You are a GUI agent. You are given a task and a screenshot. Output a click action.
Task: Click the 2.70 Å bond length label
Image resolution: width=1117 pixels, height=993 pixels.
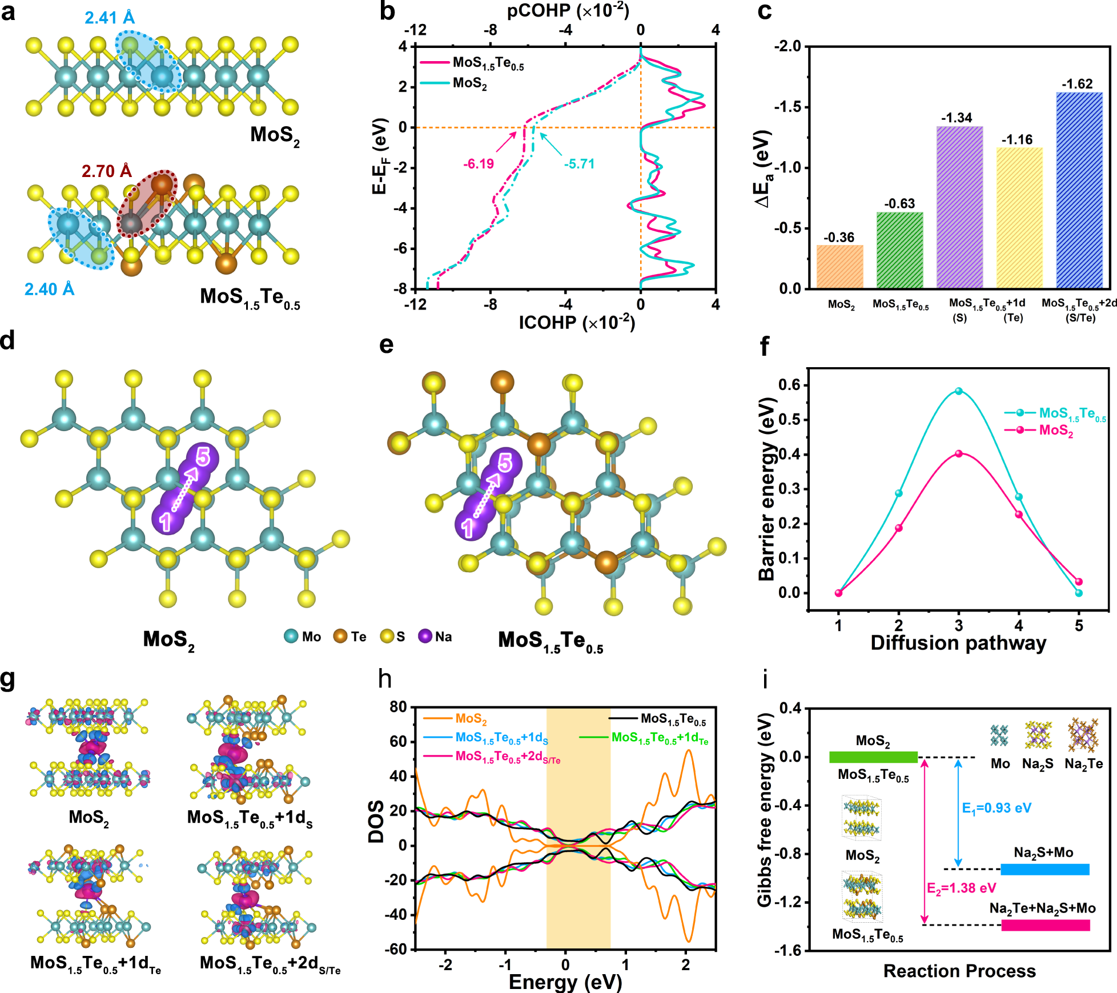(106, 171)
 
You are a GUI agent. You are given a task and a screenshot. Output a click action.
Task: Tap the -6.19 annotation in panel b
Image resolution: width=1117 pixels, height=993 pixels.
(478, 164)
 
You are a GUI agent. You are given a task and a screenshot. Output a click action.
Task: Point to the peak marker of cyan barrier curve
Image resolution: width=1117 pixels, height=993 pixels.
(958, 391)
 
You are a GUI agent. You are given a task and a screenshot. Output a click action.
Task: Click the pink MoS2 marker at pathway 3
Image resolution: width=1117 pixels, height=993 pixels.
(958, 453)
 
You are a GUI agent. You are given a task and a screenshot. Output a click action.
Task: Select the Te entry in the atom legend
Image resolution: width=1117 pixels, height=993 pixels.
(350, 636)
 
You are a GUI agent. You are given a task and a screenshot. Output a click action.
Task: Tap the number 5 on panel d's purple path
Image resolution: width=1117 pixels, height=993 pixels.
(203, 457)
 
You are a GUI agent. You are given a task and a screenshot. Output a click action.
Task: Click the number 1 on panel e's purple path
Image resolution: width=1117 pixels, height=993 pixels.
(467, 528)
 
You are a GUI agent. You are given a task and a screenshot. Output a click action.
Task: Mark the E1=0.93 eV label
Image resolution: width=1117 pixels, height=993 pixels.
(997, 808)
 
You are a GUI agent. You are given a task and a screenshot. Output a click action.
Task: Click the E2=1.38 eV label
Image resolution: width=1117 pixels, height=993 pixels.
(961, 888)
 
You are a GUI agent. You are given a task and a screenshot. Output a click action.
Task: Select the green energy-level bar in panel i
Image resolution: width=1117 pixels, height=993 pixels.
(873, 757)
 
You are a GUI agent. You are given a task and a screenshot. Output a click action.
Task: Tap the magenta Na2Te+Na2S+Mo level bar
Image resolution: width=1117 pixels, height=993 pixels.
(1045, 925)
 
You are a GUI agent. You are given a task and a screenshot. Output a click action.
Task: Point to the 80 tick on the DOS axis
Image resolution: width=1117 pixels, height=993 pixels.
(398, 707)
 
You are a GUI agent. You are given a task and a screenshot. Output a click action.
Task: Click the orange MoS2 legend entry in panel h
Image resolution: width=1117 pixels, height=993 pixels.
(455, 719)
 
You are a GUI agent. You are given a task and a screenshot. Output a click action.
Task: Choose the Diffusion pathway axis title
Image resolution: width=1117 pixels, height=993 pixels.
(958, 643)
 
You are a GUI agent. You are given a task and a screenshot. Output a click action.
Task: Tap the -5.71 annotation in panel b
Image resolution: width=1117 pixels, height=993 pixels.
(579, 164)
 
